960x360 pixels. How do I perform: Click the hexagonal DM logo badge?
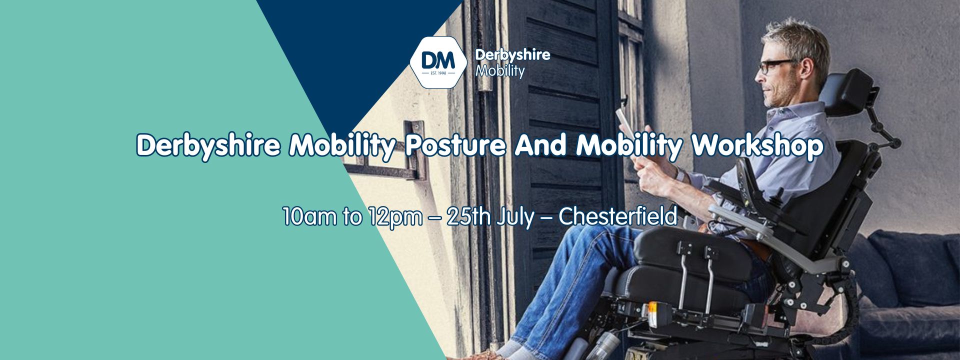(438, 62)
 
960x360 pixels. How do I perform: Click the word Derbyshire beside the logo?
(512, 55)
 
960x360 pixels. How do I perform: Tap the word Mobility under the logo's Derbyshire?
(500, 70)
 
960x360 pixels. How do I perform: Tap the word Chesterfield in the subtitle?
(618, 216)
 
